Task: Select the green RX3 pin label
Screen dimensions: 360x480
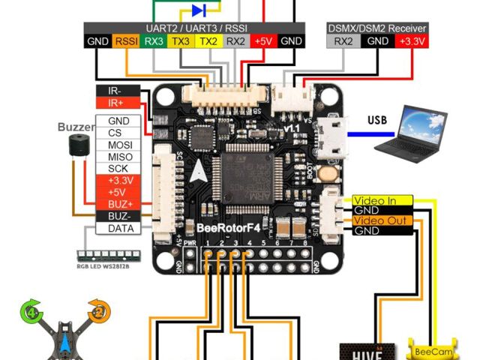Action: (154, 41)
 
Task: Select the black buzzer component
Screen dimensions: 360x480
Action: (75, 145)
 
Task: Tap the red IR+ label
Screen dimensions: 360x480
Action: (116, 103)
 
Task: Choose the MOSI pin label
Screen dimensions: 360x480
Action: (118, 144)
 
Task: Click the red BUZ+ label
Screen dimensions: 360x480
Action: (118, 204)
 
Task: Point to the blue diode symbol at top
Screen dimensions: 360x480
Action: (199, 10)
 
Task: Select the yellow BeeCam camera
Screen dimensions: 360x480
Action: (430, 349)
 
